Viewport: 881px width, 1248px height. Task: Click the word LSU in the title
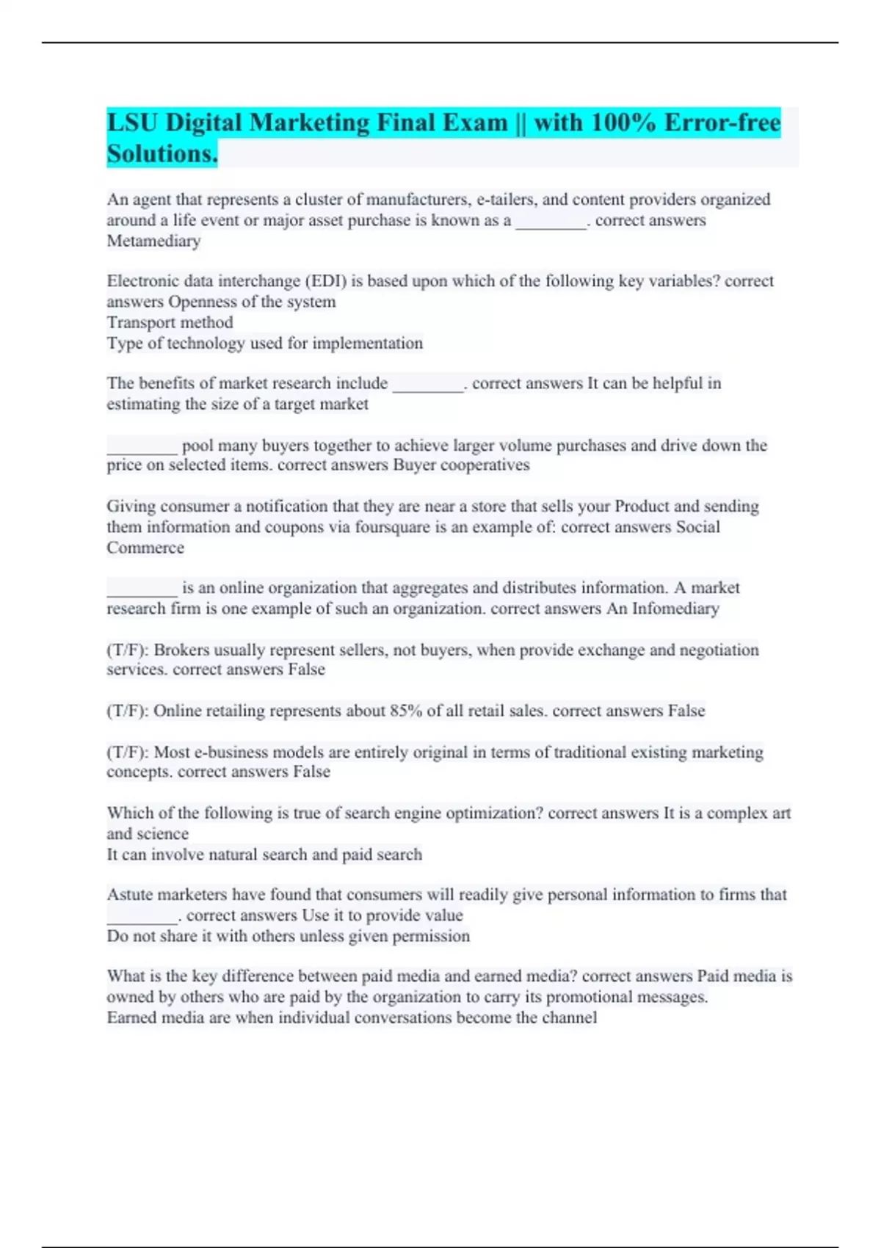[133, 123]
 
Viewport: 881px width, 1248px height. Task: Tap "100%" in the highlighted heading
[623, 123]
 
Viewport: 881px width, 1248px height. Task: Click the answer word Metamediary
[153, 241]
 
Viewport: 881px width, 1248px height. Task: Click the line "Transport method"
[170, 322]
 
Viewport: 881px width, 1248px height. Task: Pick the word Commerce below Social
[145, 548]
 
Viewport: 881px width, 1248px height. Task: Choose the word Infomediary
[675, 609]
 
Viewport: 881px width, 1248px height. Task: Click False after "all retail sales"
[686, 711]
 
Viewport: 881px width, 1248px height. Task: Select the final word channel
[569, 1017]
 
